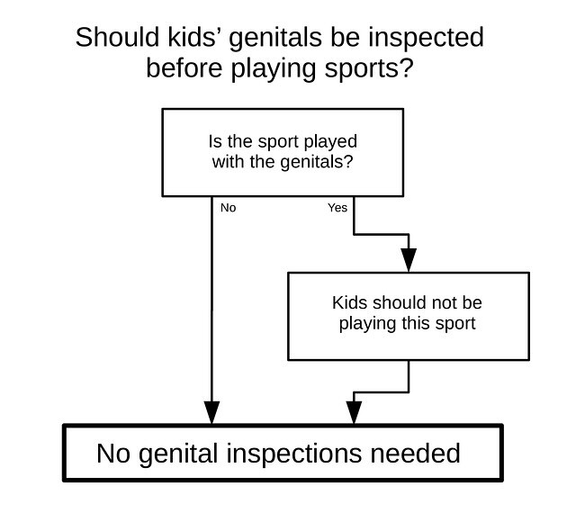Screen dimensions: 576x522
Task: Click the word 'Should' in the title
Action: click(117, 37)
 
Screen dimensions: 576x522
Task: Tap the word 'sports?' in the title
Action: click(369, 68)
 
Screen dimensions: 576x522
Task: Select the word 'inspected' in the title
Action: click(426, 38)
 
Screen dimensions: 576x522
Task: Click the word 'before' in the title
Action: click(184, 68)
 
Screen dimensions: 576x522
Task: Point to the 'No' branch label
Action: click(228, 208)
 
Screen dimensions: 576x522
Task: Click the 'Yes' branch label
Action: click(337, 208)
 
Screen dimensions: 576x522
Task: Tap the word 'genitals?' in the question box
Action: click(317, 162)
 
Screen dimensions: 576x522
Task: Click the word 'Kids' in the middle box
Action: click(349, 302)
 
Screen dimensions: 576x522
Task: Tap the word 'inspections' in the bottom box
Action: click(294, 454)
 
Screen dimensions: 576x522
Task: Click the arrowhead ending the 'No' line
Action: click(212, 412)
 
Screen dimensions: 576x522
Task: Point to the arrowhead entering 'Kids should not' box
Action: click(409, 260)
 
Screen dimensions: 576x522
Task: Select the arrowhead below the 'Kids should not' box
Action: click(354, 412)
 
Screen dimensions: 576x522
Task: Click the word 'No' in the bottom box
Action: click(113, 454)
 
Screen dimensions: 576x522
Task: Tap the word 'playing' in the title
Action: click(274, 69)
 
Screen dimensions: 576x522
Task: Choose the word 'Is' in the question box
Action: click(215, 142)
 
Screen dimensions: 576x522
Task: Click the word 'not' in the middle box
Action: click(440, 303)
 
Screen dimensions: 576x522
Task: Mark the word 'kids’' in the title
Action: click(192, 37)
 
